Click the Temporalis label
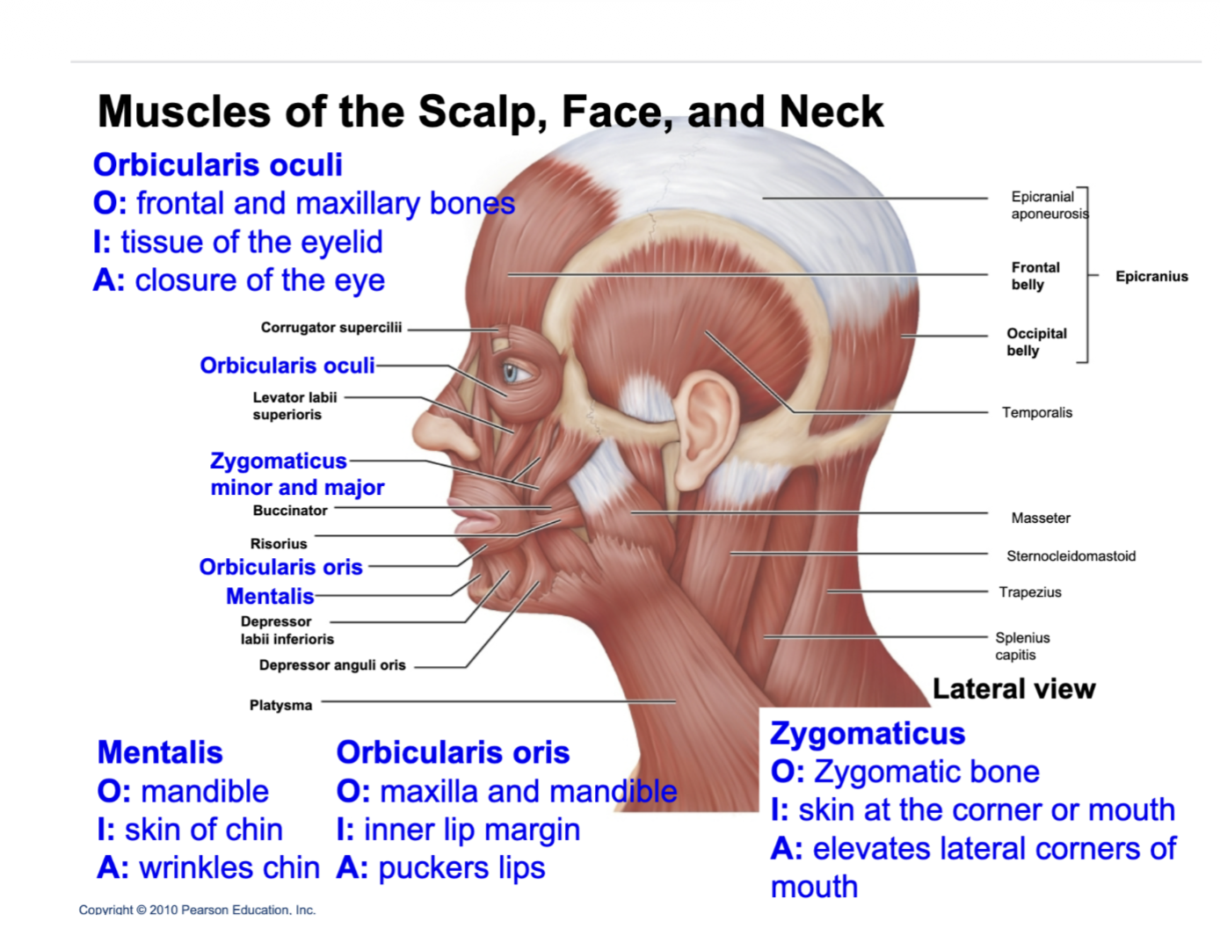tap(1036, 412)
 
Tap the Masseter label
tap(1041, 518)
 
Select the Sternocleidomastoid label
tap(1071, 555)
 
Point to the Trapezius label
tap(1029, 591)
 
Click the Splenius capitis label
tap(1021, 646)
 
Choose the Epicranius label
tap(1151, 276)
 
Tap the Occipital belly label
tap(1036, 342)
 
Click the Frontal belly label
tap(1035, 275)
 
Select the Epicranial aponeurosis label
tap(1049, 205)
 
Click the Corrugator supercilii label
tap(330, 327)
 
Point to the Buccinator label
tap(290, 510)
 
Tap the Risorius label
tap(279, 543)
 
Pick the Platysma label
tap(280, 705)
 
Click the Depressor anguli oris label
tap(332, 664)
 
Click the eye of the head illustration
tap(513, 373)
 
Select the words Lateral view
tap(1013, 688)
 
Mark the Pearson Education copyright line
tap(197, 910)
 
